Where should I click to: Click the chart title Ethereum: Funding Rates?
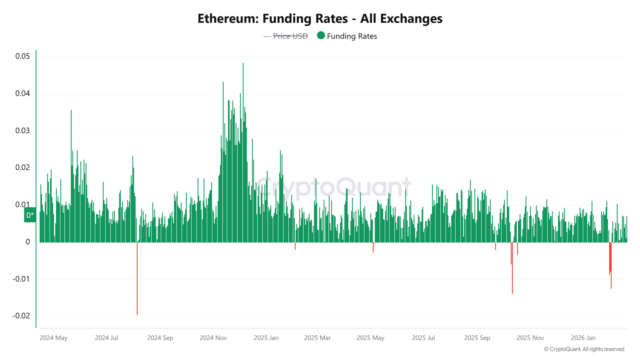(320, 19)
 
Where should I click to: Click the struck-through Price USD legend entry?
(290, 36)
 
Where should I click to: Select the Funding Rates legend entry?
(352, 36)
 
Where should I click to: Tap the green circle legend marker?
(321, 36)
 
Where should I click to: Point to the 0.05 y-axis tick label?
(22, 56)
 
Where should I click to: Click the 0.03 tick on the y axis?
(22, 131)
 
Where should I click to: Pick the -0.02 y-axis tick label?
(21, 316)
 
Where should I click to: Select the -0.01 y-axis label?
(21, 279)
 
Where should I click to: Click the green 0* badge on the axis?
(30, 215)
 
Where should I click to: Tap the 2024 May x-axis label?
(54, 338)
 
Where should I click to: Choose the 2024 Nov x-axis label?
(213, 338)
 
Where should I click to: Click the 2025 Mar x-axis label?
(317, 338)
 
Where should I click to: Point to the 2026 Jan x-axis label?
(583, 338)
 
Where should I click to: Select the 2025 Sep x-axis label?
(477, 338)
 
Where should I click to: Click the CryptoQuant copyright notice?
(584, 349)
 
